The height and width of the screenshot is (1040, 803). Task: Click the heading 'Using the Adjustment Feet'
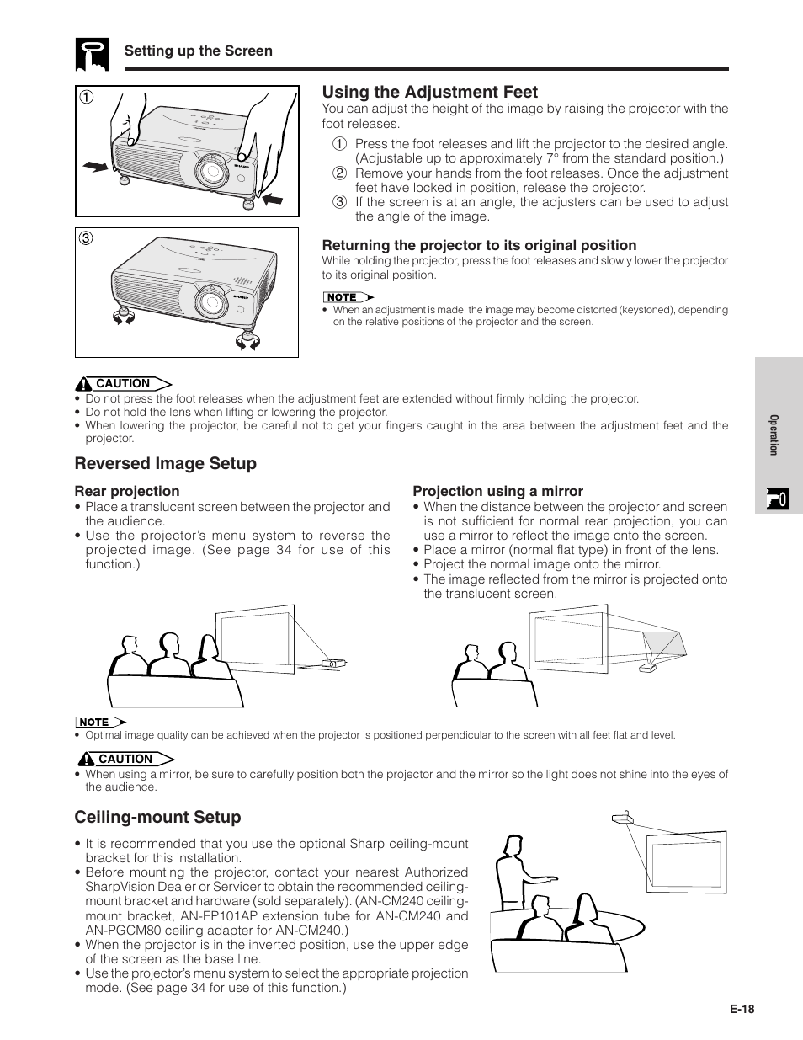(429, 93)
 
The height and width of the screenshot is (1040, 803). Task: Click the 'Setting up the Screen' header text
(199, 51)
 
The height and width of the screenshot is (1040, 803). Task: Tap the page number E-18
(742, 1011)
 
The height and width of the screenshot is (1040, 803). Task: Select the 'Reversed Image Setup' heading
(165, 464)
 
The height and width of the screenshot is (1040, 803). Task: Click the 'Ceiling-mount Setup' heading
(157, 818)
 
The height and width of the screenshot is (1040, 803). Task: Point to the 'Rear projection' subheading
(127, 491)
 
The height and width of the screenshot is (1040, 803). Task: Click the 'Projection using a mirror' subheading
(497, 491)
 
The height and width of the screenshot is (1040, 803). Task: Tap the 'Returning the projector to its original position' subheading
(479, 245)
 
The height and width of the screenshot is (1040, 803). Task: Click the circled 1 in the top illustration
(87, 97)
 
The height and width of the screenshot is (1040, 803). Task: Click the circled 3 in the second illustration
(87, 238)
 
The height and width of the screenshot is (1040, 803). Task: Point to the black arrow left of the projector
(96, 168)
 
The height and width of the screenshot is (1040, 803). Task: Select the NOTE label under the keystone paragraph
(343, 297)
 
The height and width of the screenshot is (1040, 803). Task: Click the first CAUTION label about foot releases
(123, 384)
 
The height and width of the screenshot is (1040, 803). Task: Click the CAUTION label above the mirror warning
(125, 759)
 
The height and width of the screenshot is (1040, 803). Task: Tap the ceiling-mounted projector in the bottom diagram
(621, 819)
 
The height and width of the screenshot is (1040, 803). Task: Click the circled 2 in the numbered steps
(339, 173)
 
